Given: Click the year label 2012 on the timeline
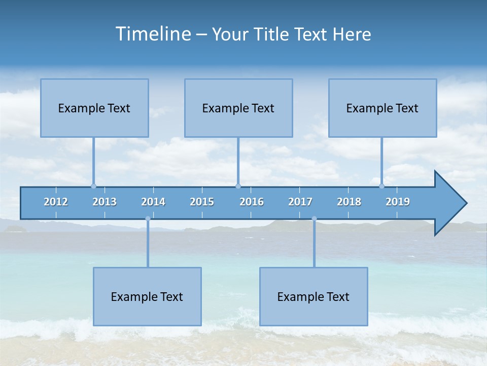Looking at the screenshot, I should (x=56, y=202).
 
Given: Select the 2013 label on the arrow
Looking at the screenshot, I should (x=105, y=202).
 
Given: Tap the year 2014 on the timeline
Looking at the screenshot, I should (x=153, y=202).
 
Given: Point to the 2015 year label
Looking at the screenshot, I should (x=202, y=202).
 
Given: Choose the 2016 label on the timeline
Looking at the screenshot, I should (x=252, y=202).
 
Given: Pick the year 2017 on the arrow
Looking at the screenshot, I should (x=300, y=202).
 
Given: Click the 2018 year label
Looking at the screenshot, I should (x=349, y=202).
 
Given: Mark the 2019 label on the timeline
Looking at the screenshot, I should (x=398, y=202).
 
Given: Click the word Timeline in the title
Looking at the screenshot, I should (x=153, y=34).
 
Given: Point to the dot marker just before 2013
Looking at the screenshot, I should (x=93, y=186).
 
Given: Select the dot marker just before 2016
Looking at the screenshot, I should (x=238, y=186).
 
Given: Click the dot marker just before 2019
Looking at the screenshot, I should (x=382, y=186).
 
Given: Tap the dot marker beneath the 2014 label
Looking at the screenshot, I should (x=148, y=219).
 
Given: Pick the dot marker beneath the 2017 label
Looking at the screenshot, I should (x=314, y=219).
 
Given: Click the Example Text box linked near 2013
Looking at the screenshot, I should (x=94, y=108).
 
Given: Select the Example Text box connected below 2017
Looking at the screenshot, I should (x=314, y=296).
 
